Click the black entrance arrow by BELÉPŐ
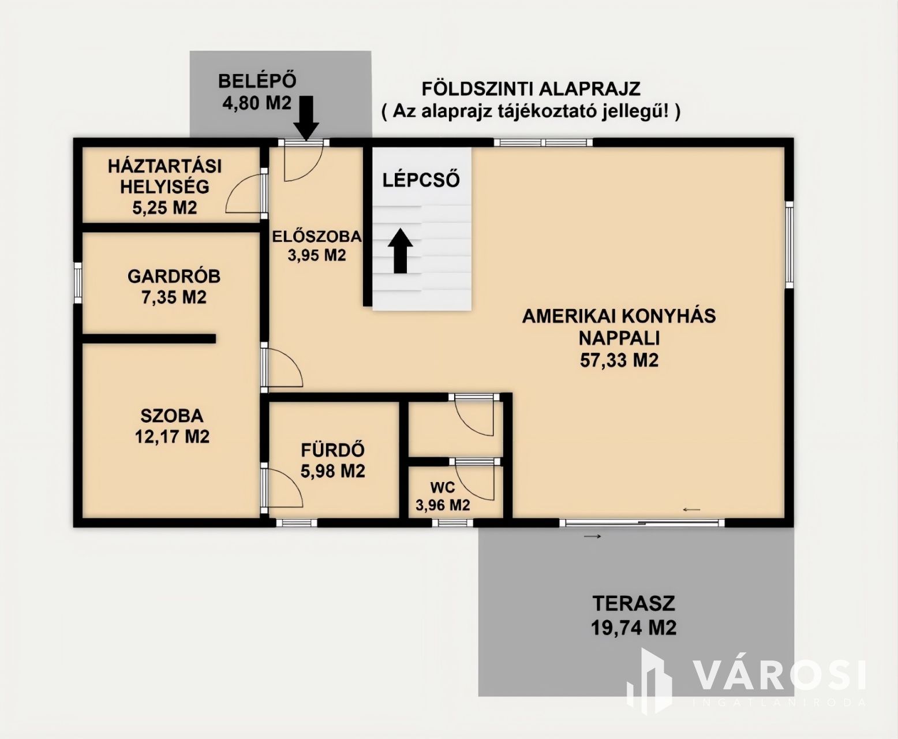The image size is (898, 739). tap(306, 118)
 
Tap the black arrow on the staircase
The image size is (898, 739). tap(401, 251)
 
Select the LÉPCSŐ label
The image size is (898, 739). tap(421, 180)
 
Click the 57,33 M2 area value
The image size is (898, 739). tap(619, 360)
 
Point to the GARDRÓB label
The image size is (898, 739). tap(174, 277)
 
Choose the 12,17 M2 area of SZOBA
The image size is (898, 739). tap(172, 436)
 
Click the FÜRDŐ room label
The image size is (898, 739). tap(333, 450)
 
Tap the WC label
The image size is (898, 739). tap(443, 487)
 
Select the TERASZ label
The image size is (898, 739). tap(634, 603)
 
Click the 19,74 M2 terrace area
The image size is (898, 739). tap(634, 628)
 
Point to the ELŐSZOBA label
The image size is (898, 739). tap(317, 236)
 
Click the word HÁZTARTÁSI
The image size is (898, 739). tap(165, 166)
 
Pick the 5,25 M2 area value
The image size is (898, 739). tap(165, 208)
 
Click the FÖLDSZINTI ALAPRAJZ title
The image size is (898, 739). tap(531, 89)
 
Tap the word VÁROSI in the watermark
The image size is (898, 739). tap(779, 675)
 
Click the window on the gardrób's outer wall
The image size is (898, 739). tap(78, 283)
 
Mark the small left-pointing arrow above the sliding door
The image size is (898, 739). tap(691, 509)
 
